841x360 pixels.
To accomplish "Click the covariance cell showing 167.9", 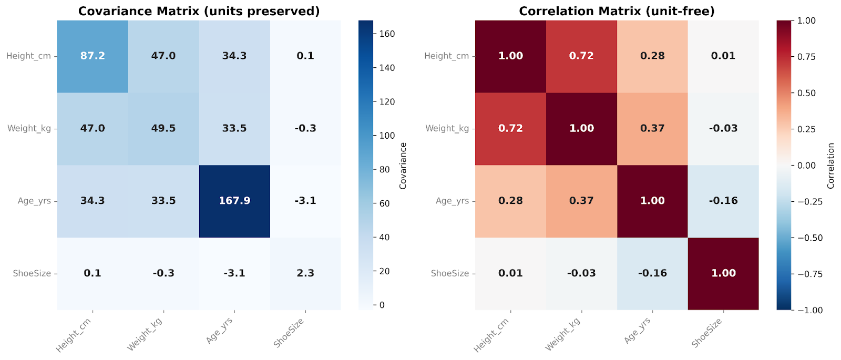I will [x=234, y=201].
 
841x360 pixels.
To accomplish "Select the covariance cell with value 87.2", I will [x=93, y=56].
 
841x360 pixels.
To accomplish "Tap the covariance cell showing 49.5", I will [x=163, y=128].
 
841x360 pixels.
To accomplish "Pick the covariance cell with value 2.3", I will [x=305, y=273].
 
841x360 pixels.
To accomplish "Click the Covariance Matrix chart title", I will [x=199, y=11].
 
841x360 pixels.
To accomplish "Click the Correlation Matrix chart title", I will [x=617, y=11].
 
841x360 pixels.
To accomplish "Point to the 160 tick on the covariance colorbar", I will [x=387, y=34].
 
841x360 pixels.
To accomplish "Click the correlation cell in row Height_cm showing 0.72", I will [x=581, y=56].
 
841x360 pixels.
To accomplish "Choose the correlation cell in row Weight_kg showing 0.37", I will [x=652, y=128].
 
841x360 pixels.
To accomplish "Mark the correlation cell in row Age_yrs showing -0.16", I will [x=723, y=201].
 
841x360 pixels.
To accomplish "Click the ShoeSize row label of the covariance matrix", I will [x=32, y=273].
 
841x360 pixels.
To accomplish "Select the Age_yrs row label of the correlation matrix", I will [x=452, y=201].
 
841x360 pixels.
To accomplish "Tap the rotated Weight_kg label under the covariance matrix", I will [x=145, y=334].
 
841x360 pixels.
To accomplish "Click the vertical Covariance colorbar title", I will [x=403, y=166].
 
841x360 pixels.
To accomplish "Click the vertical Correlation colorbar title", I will [x=830, y=166].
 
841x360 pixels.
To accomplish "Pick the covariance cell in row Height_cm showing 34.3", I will [x=234, y=56].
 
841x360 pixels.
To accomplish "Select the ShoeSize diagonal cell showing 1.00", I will [x=723, y=273].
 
